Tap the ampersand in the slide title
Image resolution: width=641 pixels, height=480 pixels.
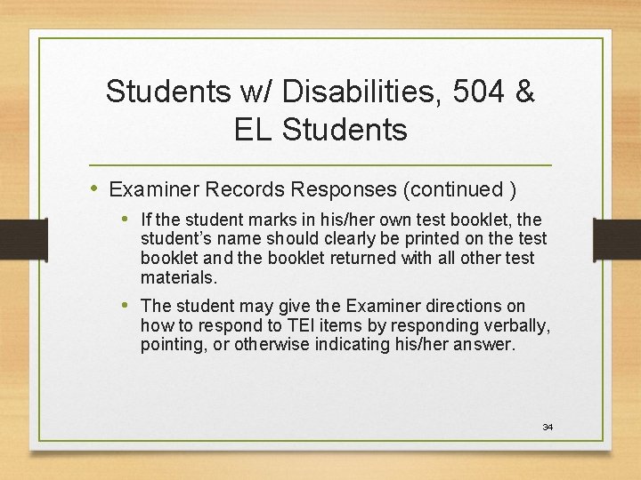tap(523, 91)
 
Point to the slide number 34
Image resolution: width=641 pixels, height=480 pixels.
tap(548, 428)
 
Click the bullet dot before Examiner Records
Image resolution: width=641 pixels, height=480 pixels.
tap(95, 188)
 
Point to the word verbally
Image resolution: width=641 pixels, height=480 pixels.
tap(515, 325)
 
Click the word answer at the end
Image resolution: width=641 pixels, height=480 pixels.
tap(484, 344)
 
